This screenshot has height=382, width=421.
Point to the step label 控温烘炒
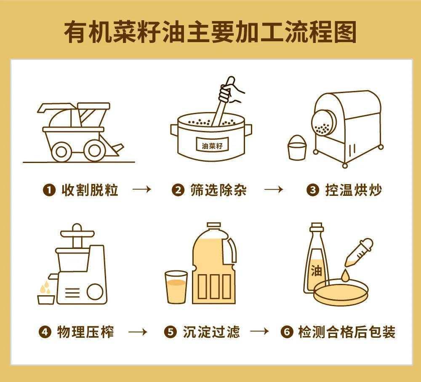353,190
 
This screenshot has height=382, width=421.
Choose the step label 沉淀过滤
211,332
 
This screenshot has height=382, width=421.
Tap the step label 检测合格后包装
346,332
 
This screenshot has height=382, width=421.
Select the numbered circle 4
44,333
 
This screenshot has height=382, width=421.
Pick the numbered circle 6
286,333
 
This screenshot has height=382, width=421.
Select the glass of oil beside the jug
176,287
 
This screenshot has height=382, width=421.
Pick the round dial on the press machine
95,291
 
